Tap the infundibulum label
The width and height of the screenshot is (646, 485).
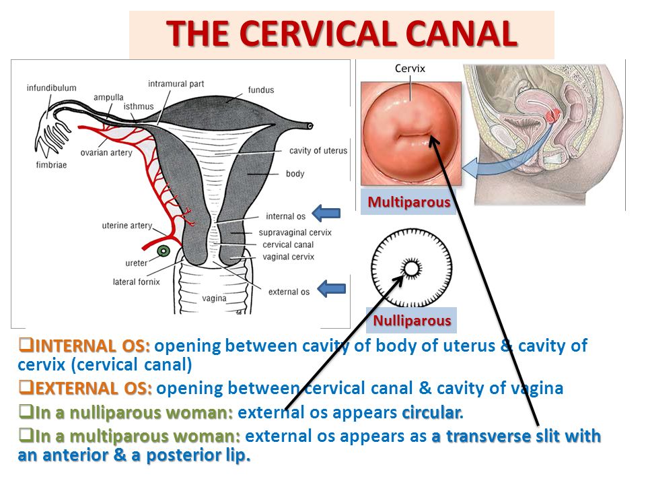point(52,88)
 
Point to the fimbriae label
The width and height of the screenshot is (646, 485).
point(51,165)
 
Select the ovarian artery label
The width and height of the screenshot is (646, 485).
point(106,153)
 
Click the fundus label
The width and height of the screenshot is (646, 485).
point(261,90)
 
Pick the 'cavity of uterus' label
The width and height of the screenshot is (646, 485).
point(318,150)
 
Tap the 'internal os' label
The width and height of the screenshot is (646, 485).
point(285,216)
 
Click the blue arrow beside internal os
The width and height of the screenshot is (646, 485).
point(326,214)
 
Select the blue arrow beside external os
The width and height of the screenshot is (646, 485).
point(332,289)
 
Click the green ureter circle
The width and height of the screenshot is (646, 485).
point(164,251)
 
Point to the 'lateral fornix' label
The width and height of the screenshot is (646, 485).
point(137,282)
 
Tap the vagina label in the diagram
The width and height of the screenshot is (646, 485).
point(214,298)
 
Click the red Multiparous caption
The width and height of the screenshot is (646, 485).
point(408,202)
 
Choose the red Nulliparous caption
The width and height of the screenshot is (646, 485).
point(412,321)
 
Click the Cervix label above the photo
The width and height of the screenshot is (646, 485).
point(410,69)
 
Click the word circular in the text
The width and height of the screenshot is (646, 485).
point(432,412)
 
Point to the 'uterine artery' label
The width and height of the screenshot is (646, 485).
point(127,226)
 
